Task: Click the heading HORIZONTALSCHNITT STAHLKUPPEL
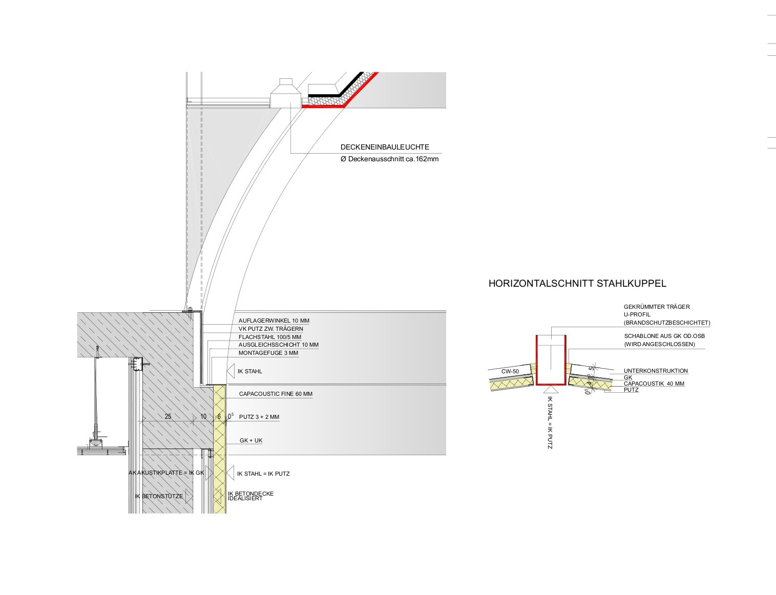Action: click(577, 283)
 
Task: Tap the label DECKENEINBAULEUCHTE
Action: click(385, 147)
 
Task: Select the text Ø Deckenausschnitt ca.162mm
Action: click(389, 159)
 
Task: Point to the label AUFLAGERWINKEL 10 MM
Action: click(274, 321)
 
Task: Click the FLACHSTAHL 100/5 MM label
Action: click(269, 337)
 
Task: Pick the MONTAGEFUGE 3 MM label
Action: click(268, 353)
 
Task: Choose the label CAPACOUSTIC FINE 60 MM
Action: click(276, 394)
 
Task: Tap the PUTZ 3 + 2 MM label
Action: click(259, 417)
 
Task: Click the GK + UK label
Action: click(250, 440)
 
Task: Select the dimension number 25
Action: click(168, 416)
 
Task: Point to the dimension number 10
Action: click(203, 416)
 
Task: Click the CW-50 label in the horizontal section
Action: click(510, 371)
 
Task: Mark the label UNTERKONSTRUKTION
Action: click(656, 371)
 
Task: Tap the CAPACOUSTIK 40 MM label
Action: click(654, 384)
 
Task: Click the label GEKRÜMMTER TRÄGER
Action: click(657, 307)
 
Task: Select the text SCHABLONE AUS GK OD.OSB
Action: click(664, 336)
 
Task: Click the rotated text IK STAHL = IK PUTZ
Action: click(550, 422)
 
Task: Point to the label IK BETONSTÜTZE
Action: click(159, 496)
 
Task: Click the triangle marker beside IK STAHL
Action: click(230, 371)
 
